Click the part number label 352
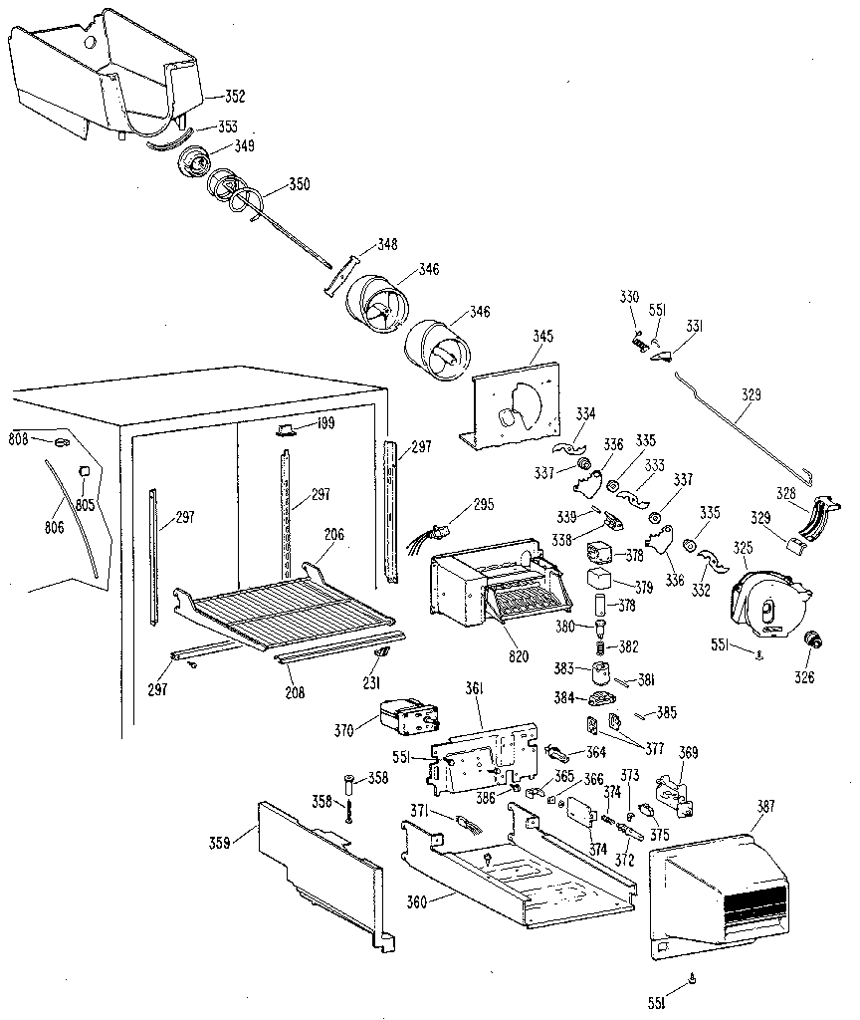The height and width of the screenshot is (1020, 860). [x=234, y=97]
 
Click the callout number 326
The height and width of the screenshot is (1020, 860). [x=803, y=678]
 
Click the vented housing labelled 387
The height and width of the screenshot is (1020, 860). [x=722, y=882]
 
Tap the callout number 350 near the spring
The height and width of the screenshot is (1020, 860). [x=299, y=184]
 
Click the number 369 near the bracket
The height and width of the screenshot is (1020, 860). [x=687, y=752]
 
